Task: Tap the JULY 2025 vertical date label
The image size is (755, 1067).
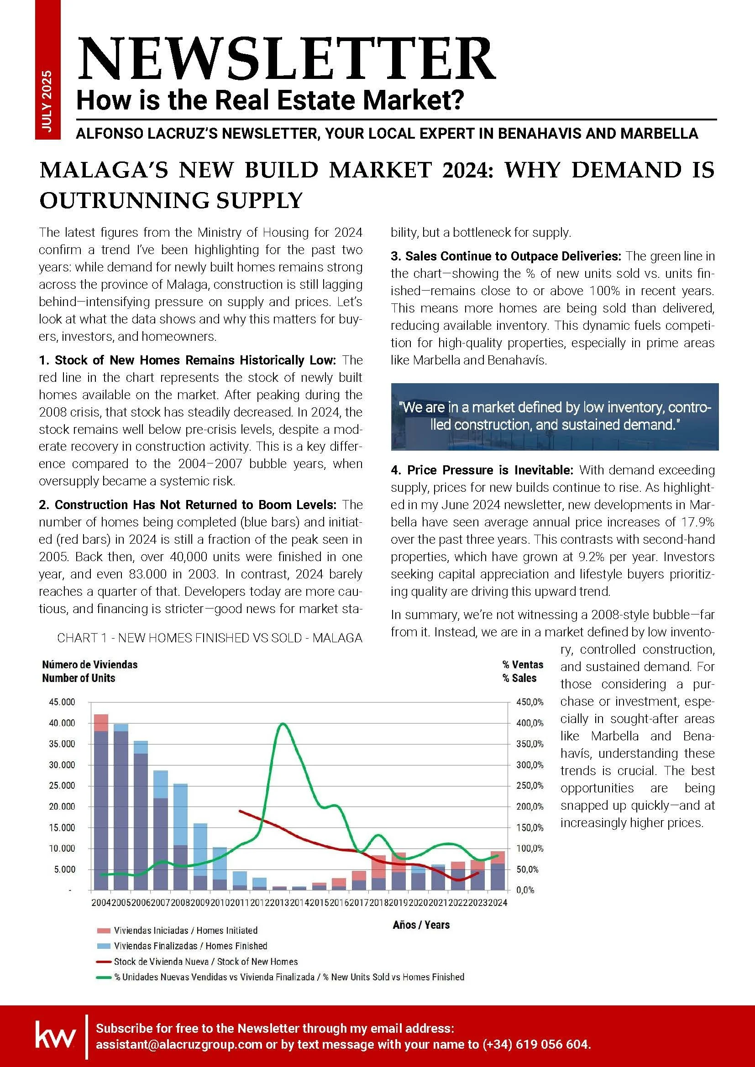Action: pyautogui.click(x=47, y=101)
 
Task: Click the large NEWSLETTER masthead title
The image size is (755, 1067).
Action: pyautogui.click(x=286, y=59)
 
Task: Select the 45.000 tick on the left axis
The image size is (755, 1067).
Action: pyautogui.click(x=62, y=702)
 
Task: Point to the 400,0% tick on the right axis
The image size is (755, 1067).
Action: pyautogui.click(x=530, y=723)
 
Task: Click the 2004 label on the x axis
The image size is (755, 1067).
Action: pyautogui.click(x=101, y=902)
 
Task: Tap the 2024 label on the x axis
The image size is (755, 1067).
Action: pyautogui.click(x=497, y=902)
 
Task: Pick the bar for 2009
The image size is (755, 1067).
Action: pyautogui.click(x=200, y=860)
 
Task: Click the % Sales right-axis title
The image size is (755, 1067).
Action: pyautogui.click(x=519, y=678)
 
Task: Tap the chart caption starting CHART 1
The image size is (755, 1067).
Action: pyautogui.click(x=210, y=638)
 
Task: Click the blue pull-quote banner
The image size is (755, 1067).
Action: pyautogui.click(x=554, y=416)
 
